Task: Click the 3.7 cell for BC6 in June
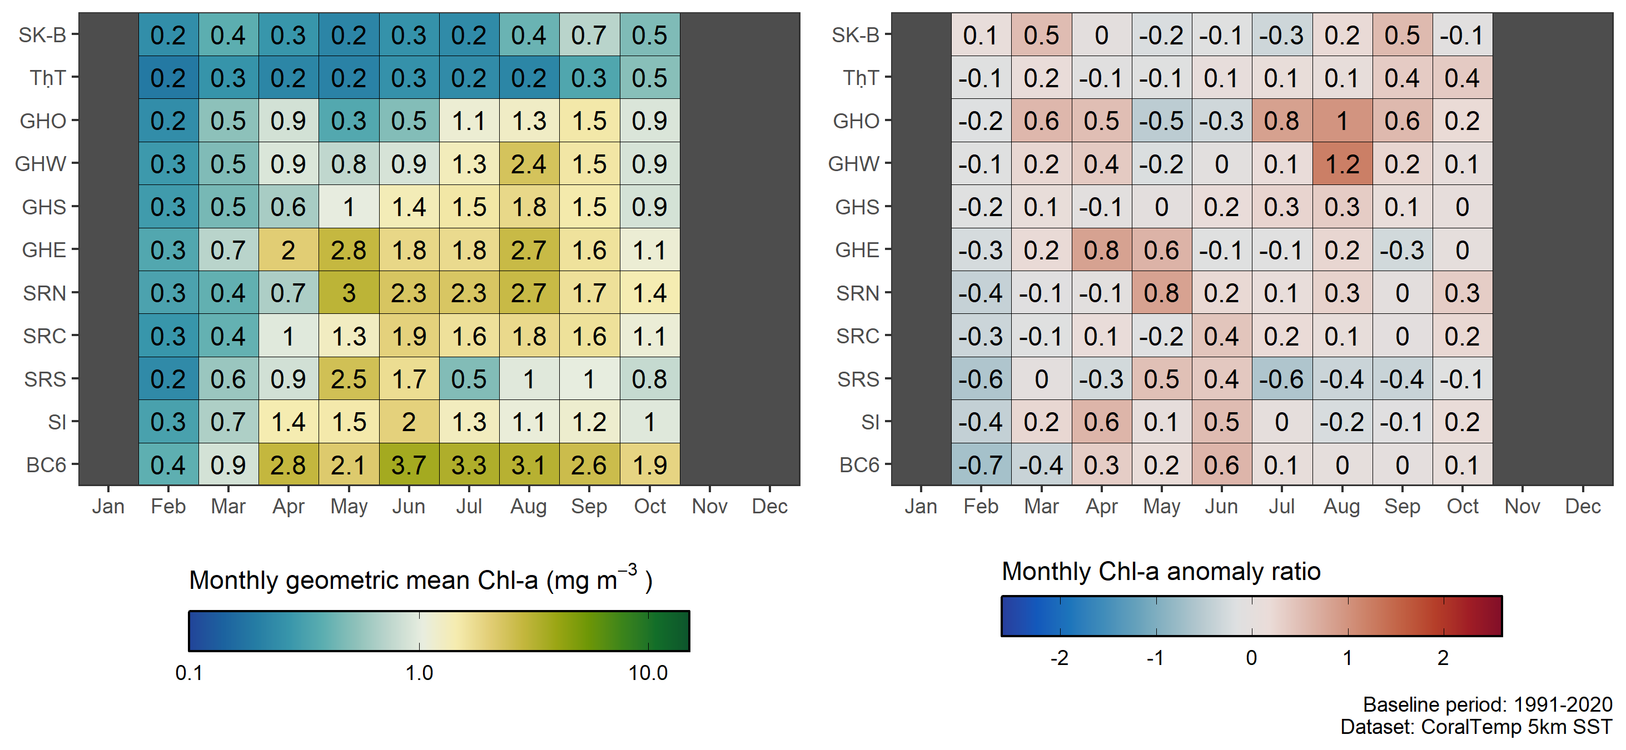(409, 465)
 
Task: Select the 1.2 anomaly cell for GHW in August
(1342, 164)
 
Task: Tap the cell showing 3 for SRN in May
(349, 293)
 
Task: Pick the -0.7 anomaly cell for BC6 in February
(980, 465)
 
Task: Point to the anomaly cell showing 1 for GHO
(1342, 121)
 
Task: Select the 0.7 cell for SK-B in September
(589, 36)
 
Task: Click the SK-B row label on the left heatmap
(42, 36)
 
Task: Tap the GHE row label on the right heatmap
(857, 251)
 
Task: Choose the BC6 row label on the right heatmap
(859, 465)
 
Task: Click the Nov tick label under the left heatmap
(709, 506)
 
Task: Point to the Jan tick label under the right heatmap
(921, 506)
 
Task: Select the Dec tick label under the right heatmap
(1583, 506)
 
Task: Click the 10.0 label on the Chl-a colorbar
(648, 673)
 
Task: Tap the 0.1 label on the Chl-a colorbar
(189, 673)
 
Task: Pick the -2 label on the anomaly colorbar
(1059, 658)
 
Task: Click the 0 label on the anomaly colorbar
(1251, 658)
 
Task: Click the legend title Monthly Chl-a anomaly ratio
(1161, 572)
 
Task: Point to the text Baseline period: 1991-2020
(1487, 704)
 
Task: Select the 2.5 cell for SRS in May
(349, 379)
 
